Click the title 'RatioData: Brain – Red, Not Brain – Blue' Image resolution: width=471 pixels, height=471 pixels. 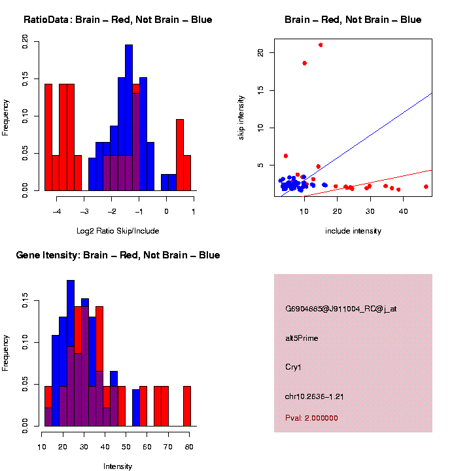click(118, 20)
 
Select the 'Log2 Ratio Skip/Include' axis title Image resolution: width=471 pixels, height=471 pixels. click(118, 231)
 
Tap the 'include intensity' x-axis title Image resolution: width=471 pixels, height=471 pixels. click(353, 231)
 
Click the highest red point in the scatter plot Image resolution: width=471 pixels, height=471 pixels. click(321, 45)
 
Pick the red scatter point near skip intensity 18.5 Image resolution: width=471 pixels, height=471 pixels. click(304, 63)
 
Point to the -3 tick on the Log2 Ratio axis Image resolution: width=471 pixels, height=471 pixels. click(84, 212)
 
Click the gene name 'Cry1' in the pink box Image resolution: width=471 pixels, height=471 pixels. click(292, 366)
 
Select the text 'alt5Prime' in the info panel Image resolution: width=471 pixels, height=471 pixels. click(302, 338)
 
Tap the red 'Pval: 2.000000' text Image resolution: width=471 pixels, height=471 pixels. click(311, 417)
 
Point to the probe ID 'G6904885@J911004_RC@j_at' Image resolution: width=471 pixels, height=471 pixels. click(340, 309)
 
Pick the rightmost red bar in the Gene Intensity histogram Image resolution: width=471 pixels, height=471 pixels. click(186, 406)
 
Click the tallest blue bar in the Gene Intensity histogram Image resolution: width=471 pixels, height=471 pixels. click(70, 353)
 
